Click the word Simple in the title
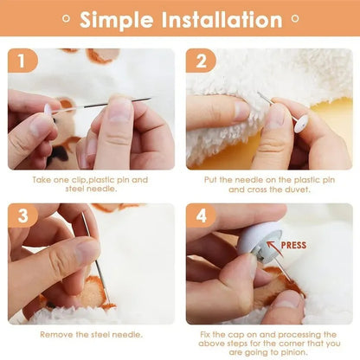(116, 20)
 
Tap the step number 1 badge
(22, 61)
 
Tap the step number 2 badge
(201, 61)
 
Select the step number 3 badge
(22, 215)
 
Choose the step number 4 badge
(201, 215)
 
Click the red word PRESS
(293, 246)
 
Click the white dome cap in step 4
(258, 241)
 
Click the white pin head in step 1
(48, 110)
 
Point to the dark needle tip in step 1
(150, 99)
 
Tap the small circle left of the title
(66, 19)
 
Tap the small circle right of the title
(295, 19)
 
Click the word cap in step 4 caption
(235, 335)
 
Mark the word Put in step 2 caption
(210, 180)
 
